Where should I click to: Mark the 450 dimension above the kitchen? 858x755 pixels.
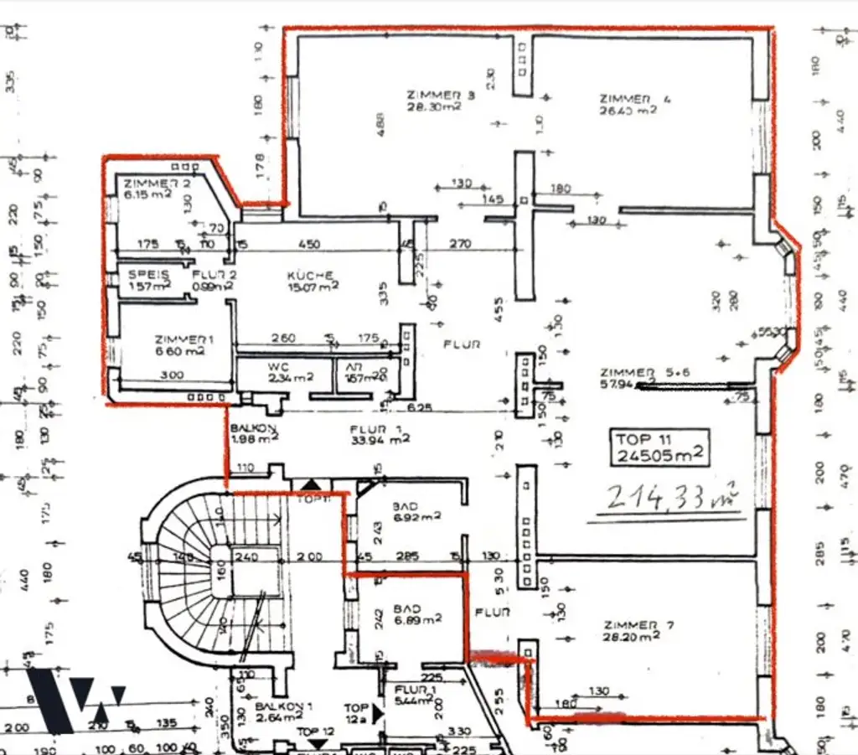coord(310,245)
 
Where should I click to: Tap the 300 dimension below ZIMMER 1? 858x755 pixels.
coord(171,375)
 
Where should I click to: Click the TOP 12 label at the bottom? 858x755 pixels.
coord(317,732)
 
